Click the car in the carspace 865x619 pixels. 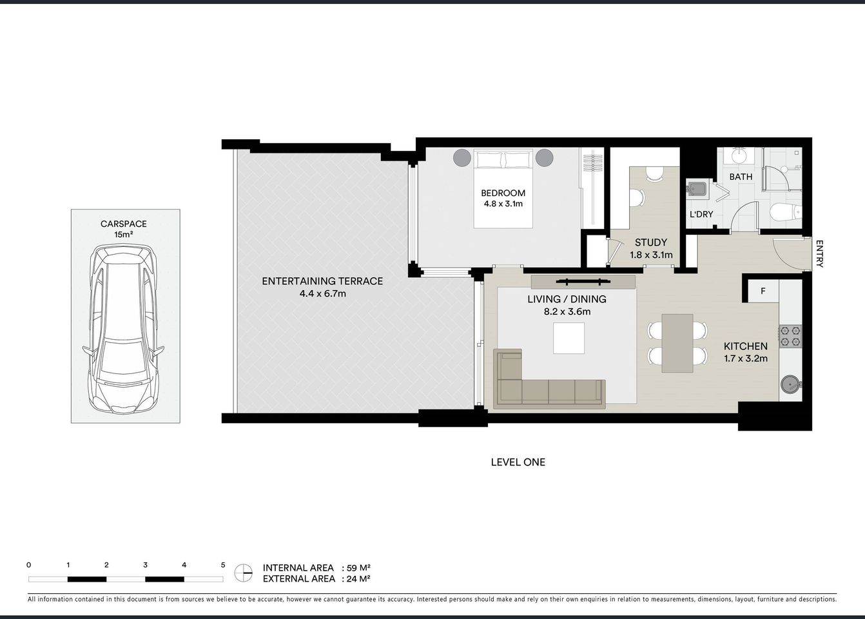pos(124,330)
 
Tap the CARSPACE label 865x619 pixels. pos(123,224)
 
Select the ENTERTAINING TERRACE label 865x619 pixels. pos(322,281)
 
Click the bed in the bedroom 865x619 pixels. pos(503,188)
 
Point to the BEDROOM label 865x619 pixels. pos(503,193)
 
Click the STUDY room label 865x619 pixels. pos(650,242)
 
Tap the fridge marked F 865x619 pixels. pos(763,291)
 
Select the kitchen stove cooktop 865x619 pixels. pos(790,335)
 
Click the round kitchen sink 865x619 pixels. pos(790,384)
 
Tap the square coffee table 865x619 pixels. pos(569,338)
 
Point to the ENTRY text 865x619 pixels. pos(819,253)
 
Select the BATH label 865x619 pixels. pos(741,177)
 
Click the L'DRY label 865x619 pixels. pos(701,214)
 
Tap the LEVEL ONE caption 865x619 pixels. pos(518,462)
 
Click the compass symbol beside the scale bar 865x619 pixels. pos(243,572)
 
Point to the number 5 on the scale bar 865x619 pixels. pos(223,565)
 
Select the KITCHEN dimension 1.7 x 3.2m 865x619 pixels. pos(745,359)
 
